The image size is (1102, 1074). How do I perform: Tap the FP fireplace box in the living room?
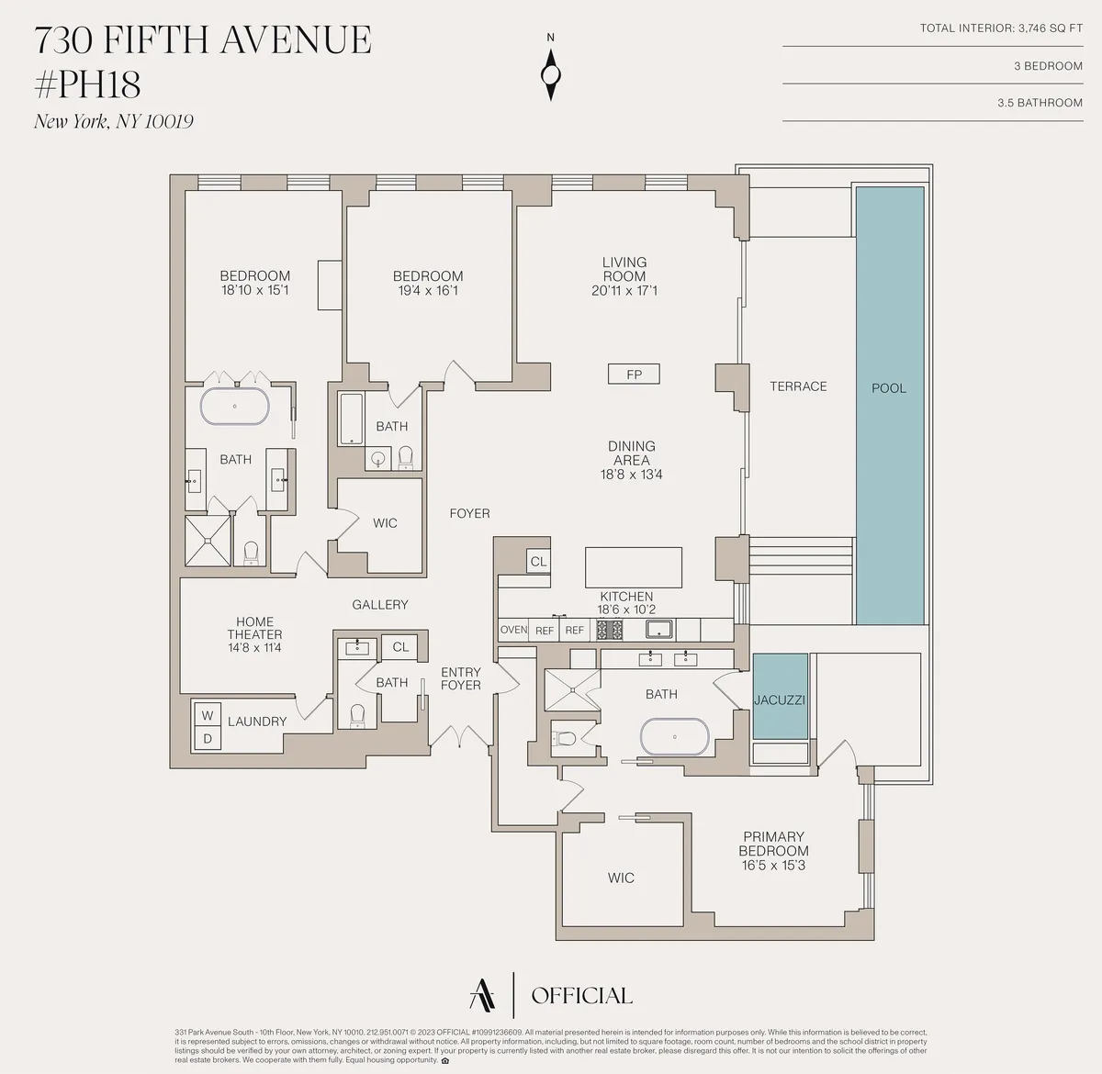(634, 375)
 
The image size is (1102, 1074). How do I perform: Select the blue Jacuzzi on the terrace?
(780, 699)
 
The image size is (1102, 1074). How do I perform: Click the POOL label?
(888, 388)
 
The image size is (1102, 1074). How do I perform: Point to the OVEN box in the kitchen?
(513, 631)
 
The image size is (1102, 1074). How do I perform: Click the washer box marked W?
(207, 714)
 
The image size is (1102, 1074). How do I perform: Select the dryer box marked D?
(207, 738)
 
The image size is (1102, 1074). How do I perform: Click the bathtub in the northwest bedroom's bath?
(235, 406)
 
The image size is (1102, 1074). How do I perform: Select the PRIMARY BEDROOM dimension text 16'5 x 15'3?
(773, 866)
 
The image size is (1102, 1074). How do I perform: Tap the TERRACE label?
(798, 386)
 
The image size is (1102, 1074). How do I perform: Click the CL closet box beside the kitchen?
(538, 562)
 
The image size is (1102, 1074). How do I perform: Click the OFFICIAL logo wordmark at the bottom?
(581, 996)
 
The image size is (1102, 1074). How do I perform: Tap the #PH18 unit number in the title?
(87, 85)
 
